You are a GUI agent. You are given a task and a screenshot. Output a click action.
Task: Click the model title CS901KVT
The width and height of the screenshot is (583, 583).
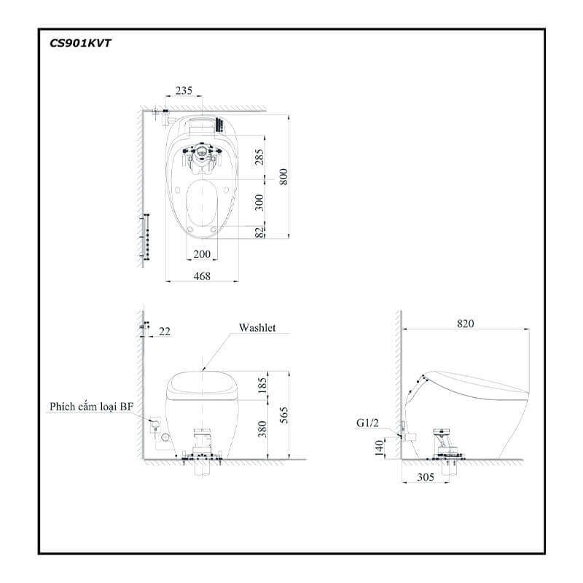[80, 44]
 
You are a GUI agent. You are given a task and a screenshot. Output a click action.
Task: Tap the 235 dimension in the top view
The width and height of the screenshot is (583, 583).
[184, 90]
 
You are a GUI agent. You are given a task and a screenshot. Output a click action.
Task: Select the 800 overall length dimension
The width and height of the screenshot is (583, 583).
[283, 176]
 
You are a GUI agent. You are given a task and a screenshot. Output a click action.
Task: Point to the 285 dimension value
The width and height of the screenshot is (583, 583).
[259, 157]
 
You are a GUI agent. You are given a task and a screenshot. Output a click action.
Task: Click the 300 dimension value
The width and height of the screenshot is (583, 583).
[259, 203]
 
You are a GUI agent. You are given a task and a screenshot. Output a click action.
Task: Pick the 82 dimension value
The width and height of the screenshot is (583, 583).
[259, 232]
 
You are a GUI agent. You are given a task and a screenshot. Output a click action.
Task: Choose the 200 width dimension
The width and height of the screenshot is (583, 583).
[202, 254]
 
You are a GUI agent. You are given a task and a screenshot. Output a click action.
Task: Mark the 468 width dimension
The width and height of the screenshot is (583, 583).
[202, 276]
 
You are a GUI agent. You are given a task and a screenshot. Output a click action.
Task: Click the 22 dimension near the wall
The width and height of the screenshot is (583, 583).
[165, 332]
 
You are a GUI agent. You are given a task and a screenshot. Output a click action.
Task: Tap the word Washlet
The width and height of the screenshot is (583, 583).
[257, 327]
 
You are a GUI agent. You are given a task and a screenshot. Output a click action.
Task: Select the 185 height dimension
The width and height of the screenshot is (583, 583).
[262, 386]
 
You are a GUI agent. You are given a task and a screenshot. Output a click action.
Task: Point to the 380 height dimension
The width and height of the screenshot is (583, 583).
[262, 429]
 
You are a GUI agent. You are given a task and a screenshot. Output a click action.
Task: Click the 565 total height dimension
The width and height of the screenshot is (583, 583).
[283, 415]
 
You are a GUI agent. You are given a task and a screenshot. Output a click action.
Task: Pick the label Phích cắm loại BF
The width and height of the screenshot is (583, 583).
[91, 407]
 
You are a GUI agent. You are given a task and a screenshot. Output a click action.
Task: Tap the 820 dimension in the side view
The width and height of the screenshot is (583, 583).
[465, 324]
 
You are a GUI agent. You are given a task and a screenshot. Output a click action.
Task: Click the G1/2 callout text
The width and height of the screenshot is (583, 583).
[367, 423]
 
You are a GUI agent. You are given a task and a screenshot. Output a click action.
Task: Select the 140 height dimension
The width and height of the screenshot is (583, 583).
[379, 447]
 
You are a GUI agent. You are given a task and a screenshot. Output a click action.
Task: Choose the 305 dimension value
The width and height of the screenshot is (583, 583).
[426, 477]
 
